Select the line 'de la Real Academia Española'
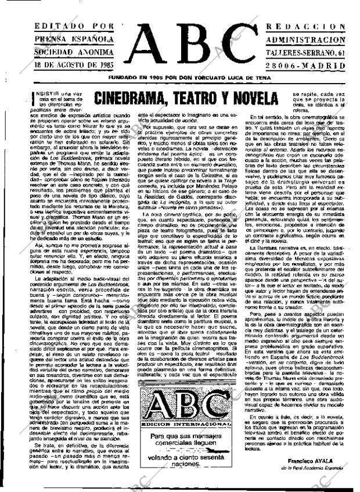[316, 467]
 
